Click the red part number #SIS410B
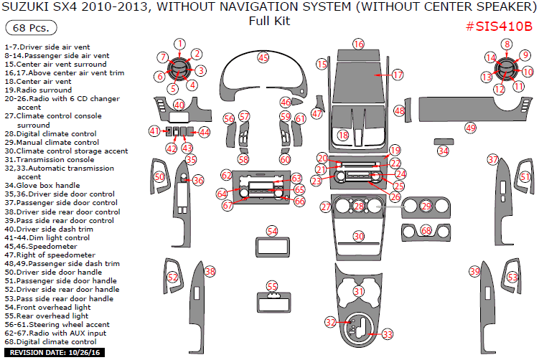tap(495, 27)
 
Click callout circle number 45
tap(263, 57)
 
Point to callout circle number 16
tap(359, 44)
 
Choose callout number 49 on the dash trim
tap(470, 128)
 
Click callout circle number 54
tap(272, 231)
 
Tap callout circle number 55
tap(272, 286)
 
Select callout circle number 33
tap(387, 334)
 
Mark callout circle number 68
tap(426, 230)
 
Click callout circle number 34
tap(443, 151)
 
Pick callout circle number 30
tap(359, 236)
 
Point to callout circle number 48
tap(399, 111)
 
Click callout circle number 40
tap(179, 105)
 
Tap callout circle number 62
tap(226, 176)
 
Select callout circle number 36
tap(198, 181)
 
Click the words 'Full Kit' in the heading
tap(269, 22)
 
